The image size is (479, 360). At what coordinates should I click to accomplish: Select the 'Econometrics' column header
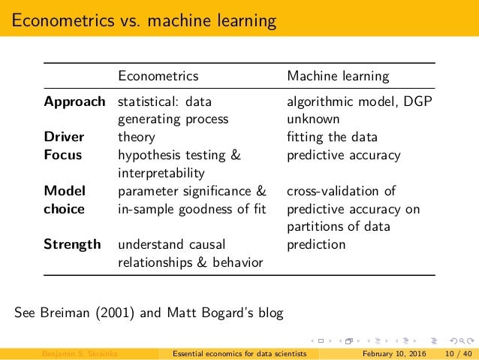pyautogui.click(x=158, y=76)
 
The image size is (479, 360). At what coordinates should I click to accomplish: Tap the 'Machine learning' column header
pyautogui.click(x=338, y=76)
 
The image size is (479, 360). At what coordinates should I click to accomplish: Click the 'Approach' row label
pyautogui.click(x=74, y=101)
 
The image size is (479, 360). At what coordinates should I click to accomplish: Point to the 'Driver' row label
pyautogui.click(x=64, y=138)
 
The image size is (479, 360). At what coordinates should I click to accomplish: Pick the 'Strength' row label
pyautogui.click(x=72, y=244)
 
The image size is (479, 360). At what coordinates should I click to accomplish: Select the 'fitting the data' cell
pyautogui.click(x=333, y=138)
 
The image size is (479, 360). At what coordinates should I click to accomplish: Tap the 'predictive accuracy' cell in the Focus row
pyautogui.click(x=345, y=156)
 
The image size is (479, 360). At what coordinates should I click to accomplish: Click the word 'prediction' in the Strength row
pyautogui.click(x=316, y=244)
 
